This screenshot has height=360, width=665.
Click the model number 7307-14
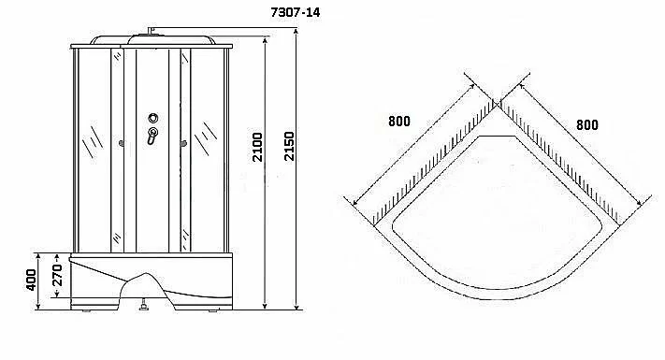pyautogui.click(x=296, y=12)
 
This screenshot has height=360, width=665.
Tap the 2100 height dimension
pyautogui.click(x=257, y=147)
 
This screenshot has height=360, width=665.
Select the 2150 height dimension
pyautogui.click(x=289, y=146)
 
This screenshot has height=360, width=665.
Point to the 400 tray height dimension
pyautogui.click(x=31, y=280)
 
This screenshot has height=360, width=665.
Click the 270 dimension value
pyautogui.click(x=57, y=275)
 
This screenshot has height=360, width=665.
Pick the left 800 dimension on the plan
pyautogui.click(x=399, y=122)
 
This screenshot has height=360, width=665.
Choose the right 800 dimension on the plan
pyautogui.click(x=587, y=125)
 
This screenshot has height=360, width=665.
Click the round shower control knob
pyautogui.click(x=153, y=118)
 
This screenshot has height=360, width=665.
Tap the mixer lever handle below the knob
pyautogui.click(x=152, y=136)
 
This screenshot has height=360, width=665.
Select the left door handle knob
pyautogui.click(x=122, y=144)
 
